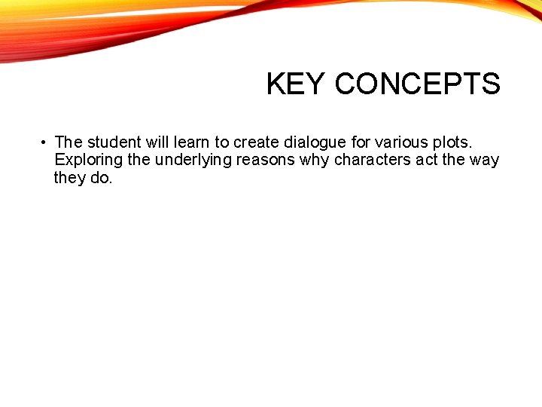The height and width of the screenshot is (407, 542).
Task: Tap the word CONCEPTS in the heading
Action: (417, 84)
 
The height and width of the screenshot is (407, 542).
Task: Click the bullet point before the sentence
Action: (45, 142)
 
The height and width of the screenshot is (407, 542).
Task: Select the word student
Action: (114, 142)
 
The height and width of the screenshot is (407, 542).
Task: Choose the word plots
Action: (452, 142)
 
